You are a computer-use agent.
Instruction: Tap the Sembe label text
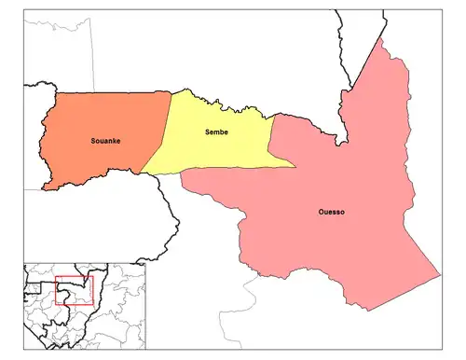(x=217, y=132)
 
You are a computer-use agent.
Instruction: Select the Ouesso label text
(x=331, y=213)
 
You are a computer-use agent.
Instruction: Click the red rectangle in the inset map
(x=74, y=290)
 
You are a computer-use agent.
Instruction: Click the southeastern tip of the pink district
(x=438, y=276)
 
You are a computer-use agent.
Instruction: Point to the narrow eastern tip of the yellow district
(x=295, y=168)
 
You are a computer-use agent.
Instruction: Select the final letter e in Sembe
(x=227, y=132)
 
